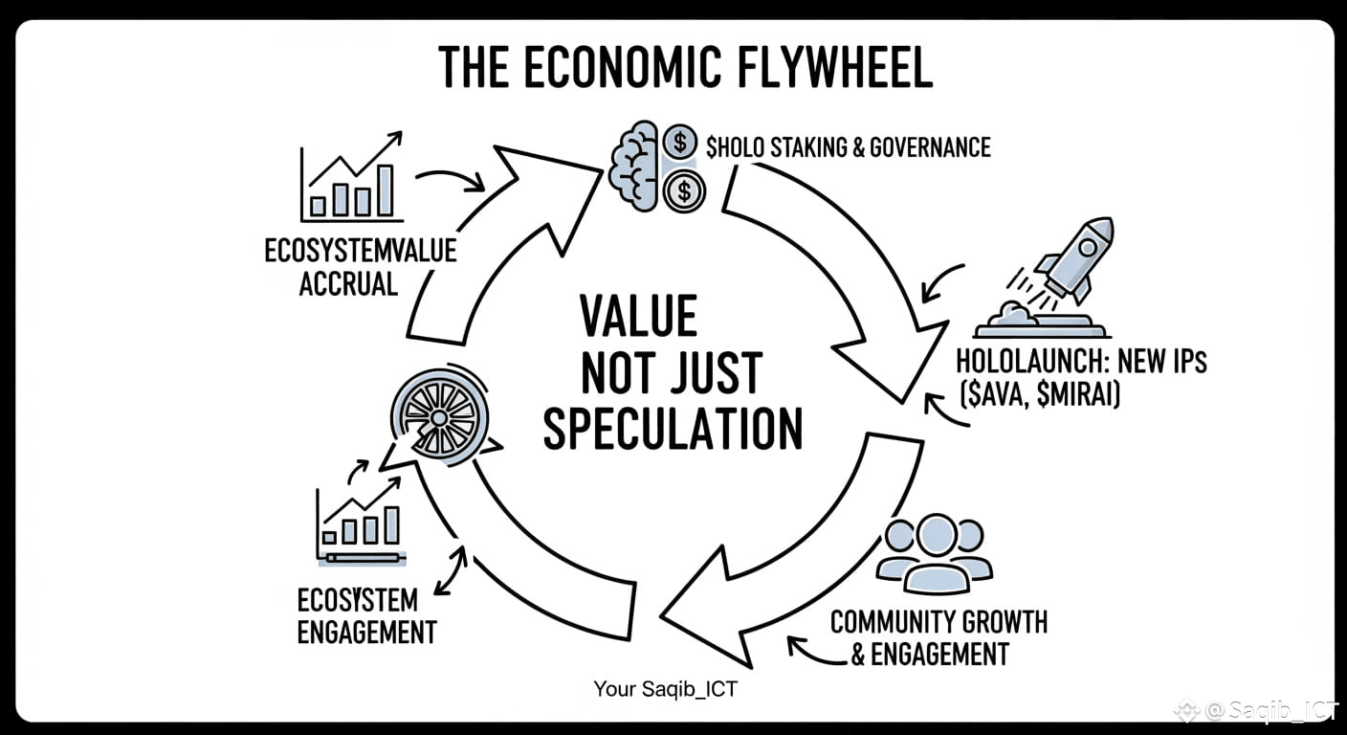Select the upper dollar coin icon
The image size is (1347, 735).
680,144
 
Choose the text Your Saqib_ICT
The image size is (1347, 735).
665,689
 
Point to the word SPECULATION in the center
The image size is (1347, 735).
673,431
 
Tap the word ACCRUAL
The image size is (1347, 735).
348,284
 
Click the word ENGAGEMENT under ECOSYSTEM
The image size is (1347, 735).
366,632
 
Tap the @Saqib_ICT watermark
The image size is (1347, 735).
1263,711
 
